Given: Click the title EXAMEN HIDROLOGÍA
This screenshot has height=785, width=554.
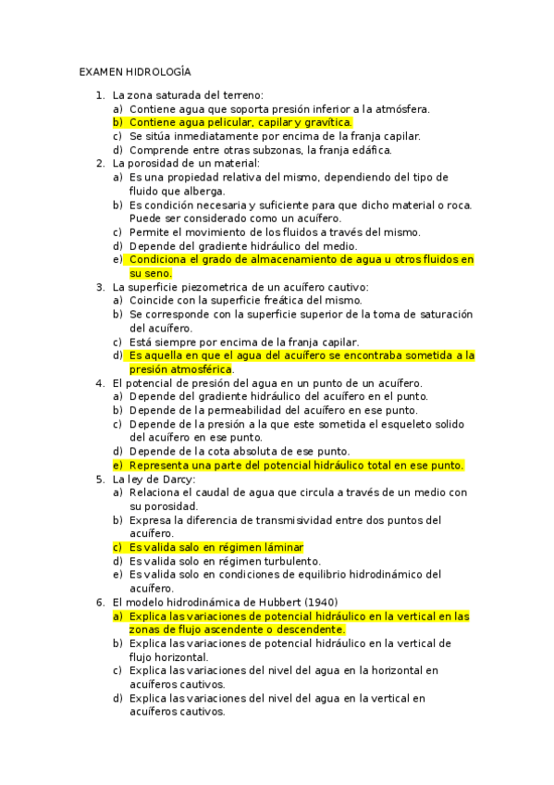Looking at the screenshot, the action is [134, 71].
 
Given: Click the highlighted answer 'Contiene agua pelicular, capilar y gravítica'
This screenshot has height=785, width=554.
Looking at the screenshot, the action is [240, 121].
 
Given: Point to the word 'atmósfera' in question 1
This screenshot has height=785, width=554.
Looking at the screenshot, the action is [400, 108].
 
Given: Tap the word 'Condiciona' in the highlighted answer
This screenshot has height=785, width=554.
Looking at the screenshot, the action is [161, 260].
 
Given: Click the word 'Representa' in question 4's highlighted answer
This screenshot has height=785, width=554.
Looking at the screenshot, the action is [161, 465].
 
